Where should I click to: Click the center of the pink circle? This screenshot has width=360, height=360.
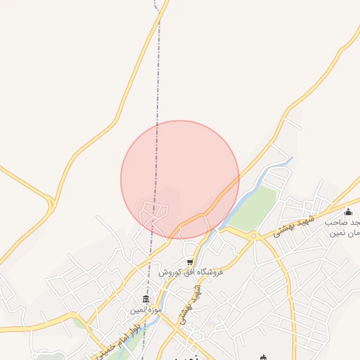click(180, 180)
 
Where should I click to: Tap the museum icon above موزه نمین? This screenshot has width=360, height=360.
click(146, 299)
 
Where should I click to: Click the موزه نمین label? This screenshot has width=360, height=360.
click(146, 309)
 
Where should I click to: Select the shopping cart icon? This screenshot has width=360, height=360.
click(189, 262)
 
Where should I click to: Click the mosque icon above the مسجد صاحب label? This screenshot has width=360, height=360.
click(348, 212)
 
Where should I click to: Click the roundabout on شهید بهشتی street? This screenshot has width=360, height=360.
click(253, 236)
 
